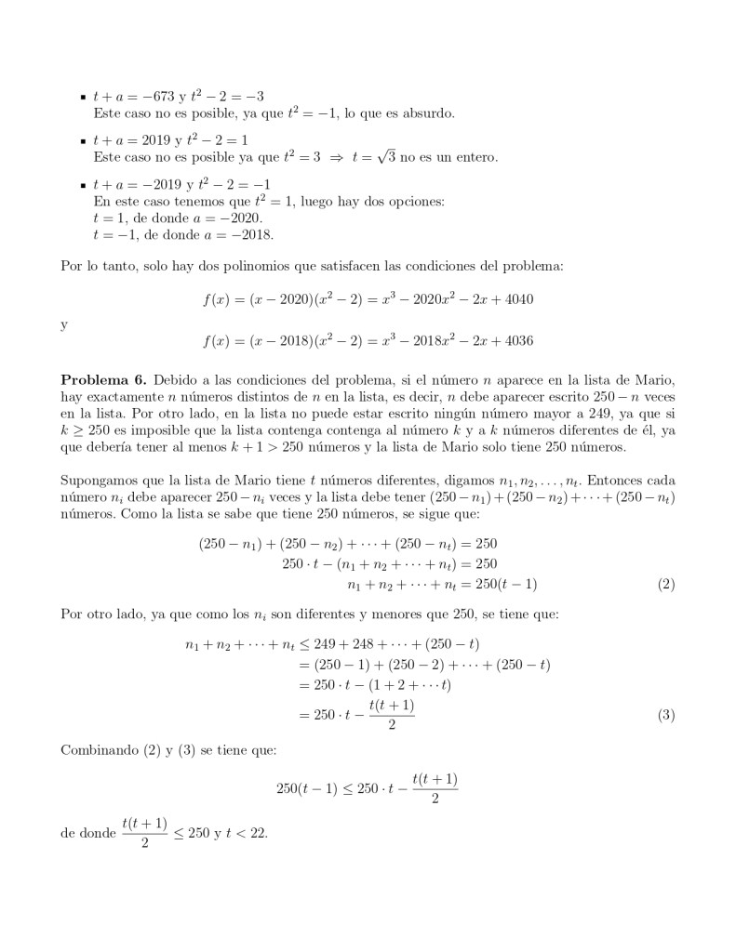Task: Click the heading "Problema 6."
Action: click(x=101, y=381)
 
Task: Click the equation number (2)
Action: click(x=665, y=585)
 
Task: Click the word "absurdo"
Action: click(x=427, y=113)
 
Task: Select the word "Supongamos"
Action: click(x=100, y=481)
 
